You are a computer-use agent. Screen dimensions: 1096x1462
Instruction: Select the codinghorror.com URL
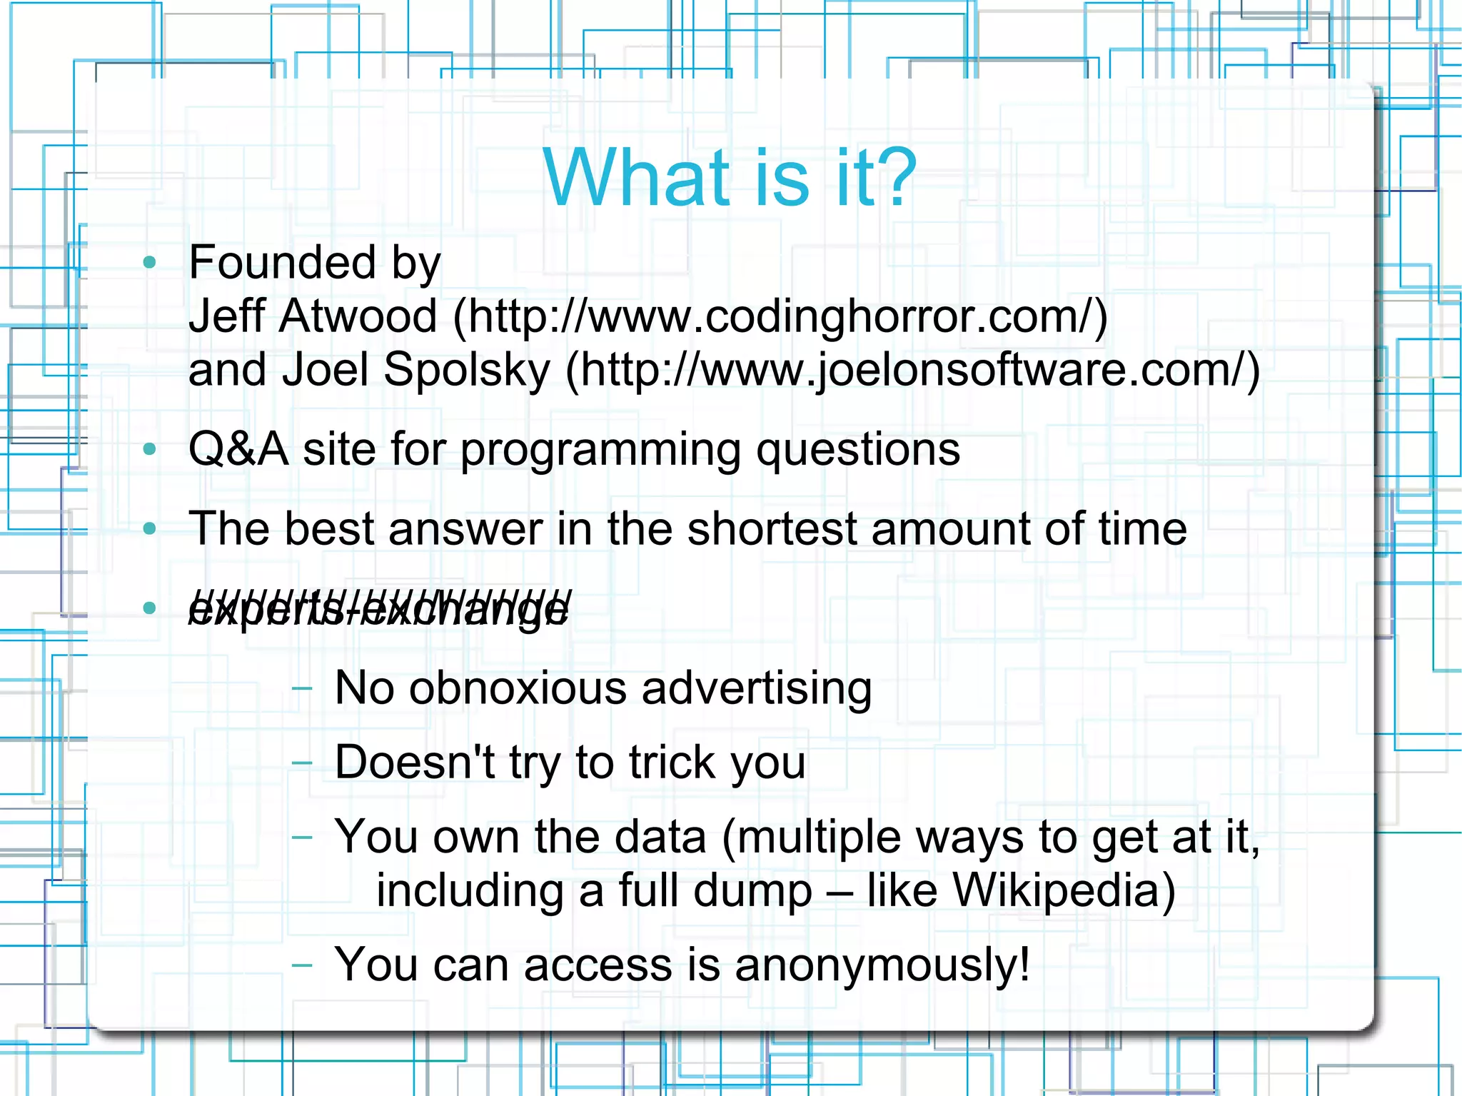780,316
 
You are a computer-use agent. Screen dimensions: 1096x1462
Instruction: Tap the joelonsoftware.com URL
912,370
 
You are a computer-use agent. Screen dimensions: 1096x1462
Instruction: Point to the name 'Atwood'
358,316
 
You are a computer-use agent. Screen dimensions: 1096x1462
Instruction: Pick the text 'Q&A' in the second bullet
238,449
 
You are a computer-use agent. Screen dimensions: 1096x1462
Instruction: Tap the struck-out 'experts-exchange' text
378,609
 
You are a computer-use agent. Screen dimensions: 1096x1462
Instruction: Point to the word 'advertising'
757,688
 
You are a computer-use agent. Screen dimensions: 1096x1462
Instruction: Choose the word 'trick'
670,762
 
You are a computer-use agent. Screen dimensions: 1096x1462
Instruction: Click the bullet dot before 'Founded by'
149,262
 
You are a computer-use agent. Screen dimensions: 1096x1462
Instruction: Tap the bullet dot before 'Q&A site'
149,449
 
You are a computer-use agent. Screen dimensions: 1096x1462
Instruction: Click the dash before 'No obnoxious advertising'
302,688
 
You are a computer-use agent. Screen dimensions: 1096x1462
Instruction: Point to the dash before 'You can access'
302,965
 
